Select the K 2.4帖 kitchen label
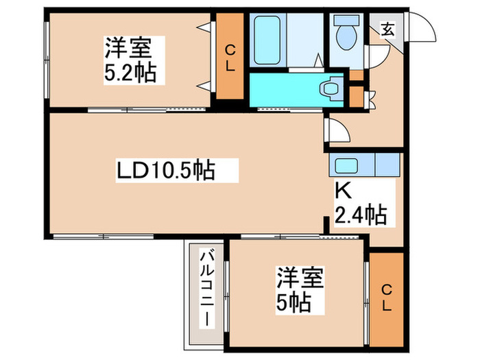[x=360, y=204]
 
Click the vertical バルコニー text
[x=205, y=289]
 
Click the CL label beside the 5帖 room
[x=385, y=299]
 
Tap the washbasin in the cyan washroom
[x=331, y=89]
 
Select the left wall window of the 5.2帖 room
[x=45, y=62]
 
